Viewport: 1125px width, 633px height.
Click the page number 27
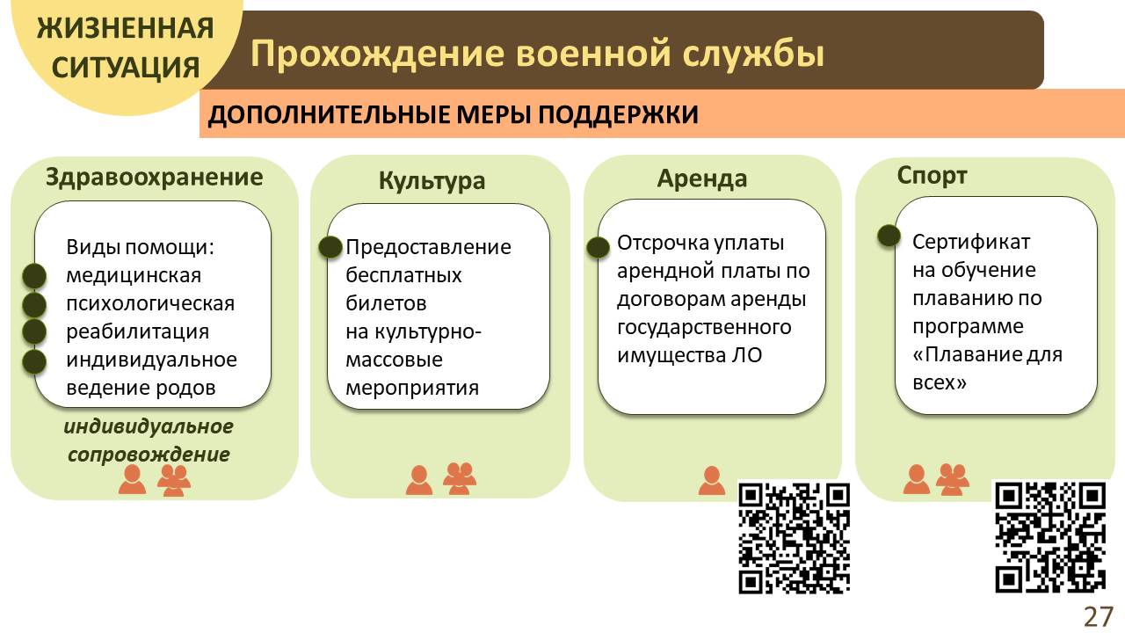1099,616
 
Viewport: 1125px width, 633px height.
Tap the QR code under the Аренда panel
794,539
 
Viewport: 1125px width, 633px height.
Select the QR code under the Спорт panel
1050,537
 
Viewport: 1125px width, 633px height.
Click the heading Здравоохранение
154,178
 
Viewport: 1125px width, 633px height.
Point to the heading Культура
432,181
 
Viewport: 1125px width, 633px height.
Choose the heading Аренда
701,178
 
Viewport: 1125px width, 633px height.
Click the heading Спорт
933,177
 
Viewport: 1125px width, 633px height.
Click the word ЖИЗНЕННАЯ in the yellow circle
125,28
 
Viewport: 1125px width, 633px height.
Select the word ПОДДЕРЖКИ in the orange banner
618,114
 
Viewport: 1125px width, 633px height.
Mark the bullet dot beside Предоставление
330,247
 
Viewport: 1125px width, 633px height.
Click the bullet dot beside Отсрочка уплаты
599,247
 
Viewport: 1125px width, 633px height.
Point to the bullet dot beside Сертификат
889,235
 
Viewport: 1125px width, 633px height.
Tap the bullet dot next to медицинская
34,276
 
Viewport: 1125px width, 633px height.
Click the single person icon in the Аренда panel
712,481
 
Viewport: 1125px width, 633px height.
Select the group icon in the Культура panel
460,479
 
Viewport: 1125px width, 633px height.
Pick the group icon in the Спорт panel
952,480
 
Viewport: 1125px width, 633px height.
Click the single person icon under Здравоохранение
133,479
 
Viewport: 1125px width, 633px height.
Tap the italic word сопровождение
149,455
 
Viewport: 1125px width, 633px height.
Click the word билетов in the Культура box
386,303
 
